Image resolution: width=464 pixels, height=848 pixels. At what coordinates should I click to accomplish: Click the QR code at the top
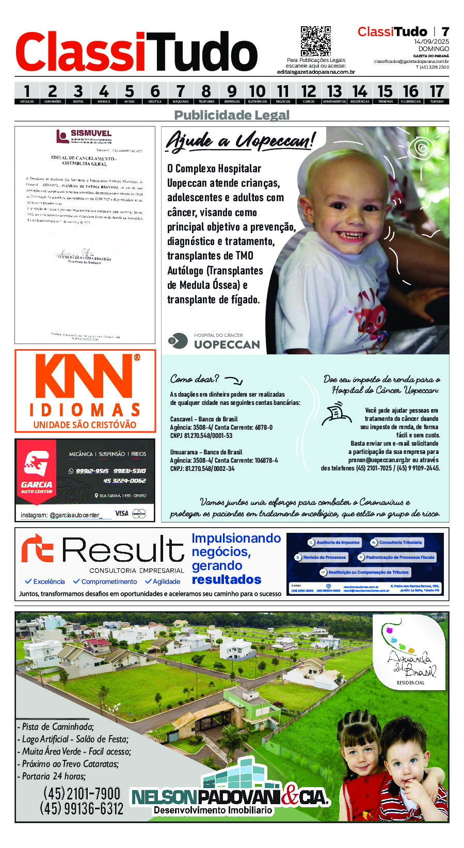(315, 41)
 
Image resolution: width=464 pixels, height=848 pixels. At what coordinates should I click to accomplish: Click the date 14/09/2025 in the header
(431, 42)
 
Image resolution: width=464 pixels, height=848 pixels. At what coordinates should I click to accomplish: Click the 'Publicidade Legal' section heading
(232, 115)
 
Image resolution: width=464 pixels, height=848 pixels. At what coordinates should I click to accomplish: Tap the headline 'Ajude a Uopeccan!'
(239, 140)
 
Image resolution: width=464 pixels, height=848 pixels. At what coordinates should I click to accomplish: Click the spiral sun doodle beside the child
(422, 149)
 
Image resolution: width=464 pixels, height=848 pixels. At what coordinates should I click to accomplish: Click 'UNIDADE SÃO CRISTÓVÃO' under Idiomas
(85, 425)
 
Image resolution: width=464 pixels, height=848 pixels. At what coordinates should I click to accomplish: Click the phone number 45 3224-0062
(124, 481)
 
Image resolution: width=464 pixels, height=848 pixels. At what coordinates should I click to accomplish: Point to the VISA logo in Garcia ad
(121, 513)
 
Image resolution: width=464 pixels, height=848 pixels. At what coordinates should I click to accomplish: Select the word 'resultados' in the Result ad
(227, 580)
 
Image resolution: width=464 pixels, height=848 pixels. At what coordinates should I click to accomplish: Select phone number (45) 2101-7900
(82, 793)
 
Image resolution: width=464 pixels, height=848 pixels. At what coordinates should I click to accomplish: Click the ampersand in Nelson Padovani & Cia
(291, 796)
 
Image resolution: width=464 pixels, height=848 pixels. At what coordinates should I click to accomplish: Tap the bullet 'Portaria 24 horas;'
(52, 776)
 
